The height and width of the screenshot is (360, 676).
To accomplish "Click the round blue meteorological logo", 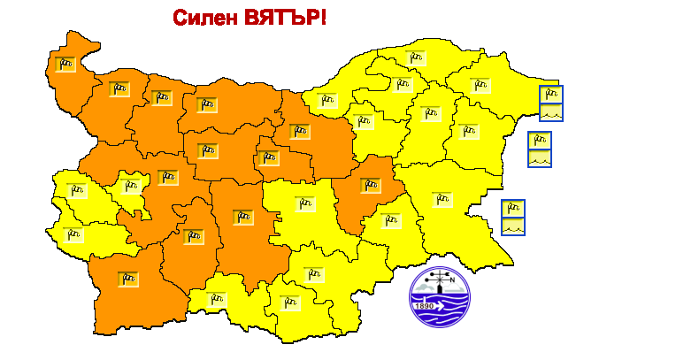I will [440, 297].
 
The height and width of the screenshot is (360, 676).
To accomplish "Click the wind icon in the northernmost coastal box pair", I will [550, 94].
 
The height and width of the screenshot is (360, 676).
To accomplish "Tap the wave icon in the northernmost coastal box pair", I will [550, 112].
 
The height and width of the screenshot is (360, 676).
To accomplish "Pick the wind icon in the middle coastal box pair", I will [540, 141].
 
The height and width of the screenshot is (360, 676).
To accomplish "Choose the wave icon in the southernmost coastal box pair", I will [513, 227].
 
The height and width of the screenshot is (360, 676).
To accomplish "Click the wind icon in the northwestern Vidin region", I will [65, 64].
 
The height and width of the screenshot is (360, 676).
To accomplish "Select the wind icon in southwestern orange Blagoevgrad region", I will [129, 278].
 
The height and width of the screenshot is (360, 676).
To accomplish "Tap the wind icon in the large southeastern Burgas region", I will [441, 199].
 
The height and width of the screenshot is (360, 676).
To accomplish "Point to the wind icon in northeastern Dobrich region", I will [480, 85].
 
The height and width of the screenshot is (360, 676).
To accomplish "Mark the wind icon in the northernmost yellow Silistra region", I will [415, 57].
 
